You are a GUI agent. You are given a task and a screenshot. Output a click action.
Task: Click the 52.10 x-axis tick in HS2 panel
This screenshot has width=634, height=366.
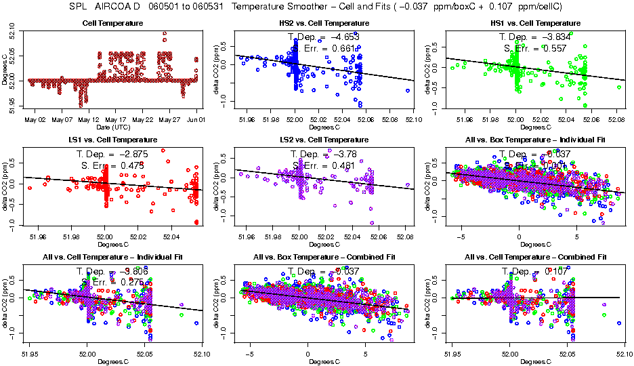(413, 120)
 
